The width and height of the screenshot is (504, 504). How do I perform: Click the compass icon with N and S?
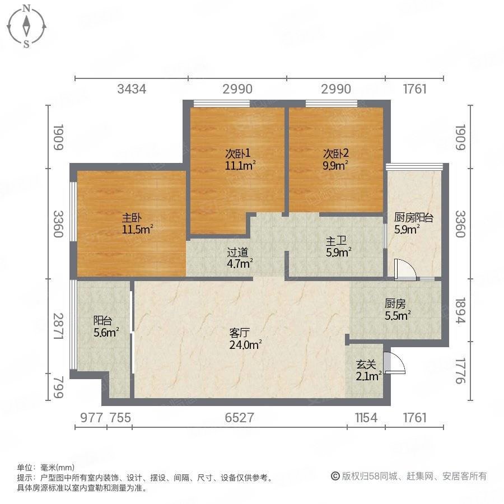click(26, 26)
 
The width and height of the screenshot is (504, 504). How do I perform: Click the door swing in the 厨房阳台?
click(404, 269)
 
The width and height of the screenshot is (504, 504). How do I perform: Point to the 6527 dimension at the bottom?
click(239, 418)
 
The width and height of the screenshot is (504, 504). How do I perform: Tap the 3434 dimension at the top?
click(130, 89)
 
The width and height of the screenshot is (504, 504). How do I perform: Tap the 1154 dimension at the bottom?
click(366, 418)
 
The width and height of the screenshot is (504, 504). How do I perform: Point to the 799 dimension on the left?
click(56, 387)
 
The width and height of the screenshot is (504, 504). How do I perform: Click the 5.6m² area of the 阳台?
click(106, 333)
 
